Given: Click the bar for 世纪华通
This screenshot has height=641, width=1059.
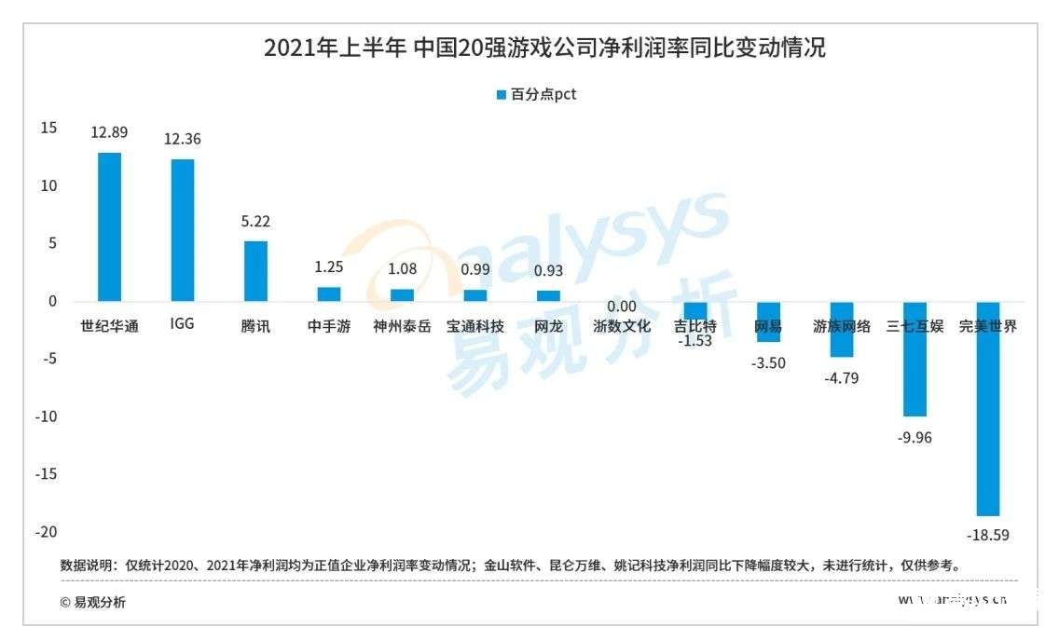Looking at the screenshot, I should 110,226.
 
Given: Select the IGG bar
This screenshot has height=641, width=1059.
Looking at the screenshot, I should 183,230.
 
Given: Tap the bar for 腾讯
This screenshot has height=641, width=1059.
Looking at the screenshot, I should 255,271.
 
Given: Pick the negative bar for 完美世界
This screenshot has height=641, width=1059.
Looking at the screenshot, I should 988,408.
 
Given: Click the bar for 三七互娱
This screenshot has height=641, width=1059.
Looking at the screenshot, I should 915,359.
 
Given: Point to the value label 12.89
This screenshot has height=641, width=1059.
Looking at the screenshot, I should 109,132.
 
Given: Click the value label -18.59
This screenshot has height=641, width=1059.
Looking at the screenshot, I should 988,536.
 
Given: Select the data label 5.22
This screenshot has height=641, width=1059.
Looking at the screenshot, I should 255,222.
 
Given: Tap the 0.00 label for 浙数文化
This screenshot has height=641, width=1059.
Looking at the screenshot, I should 622,307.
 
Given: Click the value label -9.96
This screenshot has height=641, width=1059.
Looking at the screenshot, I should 915,437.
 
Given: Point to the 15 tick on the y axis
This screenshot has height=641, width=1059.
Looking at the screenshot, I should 48,128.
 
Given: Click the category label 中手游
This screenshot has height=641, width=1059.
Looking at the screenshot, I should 329,327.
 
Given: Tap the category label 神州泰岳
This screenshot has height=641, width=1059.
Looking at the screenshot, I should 402,327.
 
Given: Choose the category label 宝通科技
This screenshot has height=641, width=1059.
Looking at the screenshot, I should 475,327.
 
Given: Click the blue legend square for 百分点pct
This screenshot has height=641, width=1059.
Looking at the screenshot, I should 502,95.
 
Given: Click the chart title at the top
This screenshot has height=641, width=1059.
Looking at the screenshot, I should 544,48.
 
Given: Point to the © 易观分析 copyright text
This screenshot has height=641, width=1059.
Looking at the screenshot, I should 92,602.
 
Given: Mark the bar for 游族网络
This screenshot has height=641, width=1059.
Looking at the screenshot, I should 842,330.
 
